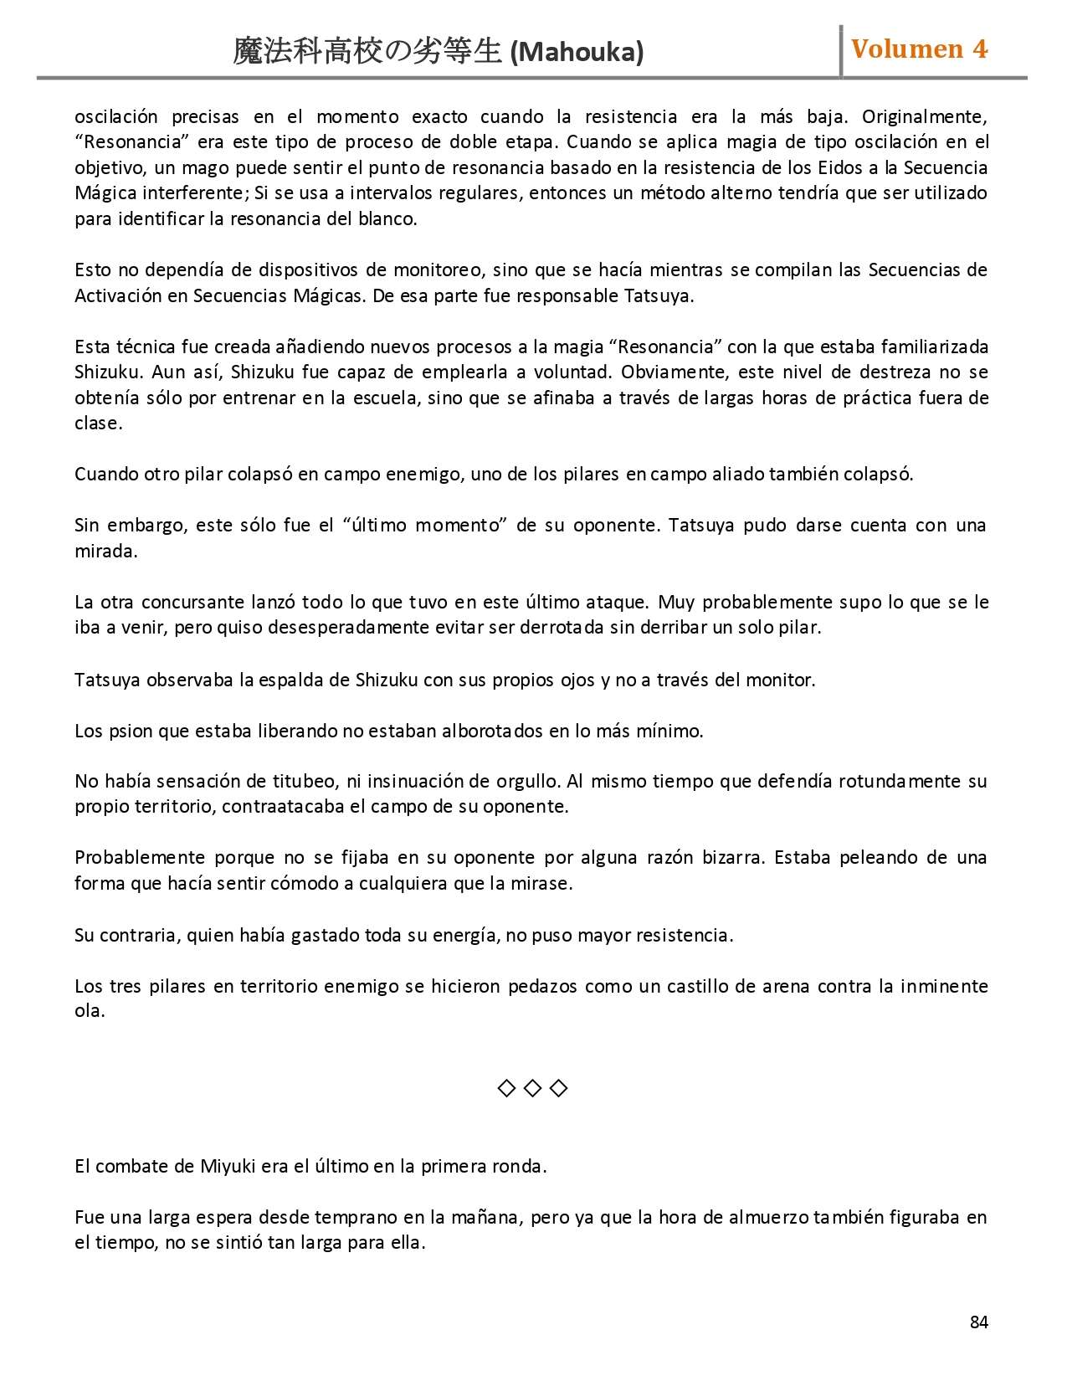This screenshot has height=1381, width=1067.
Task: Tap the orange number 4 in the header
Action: (979, 49)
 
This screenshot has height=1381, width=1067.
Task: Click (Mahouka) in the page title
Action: (577, 53)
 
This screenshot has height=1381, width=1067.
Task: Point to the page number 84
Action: (979, 1322)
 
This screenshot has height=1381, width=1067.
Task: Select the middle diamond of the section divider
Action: (532, 1088)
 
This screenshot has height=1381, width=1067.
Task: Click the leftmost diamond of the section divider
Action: (506, 1088)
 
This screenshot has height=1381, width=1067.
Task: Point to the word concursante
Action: (193, 602)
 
